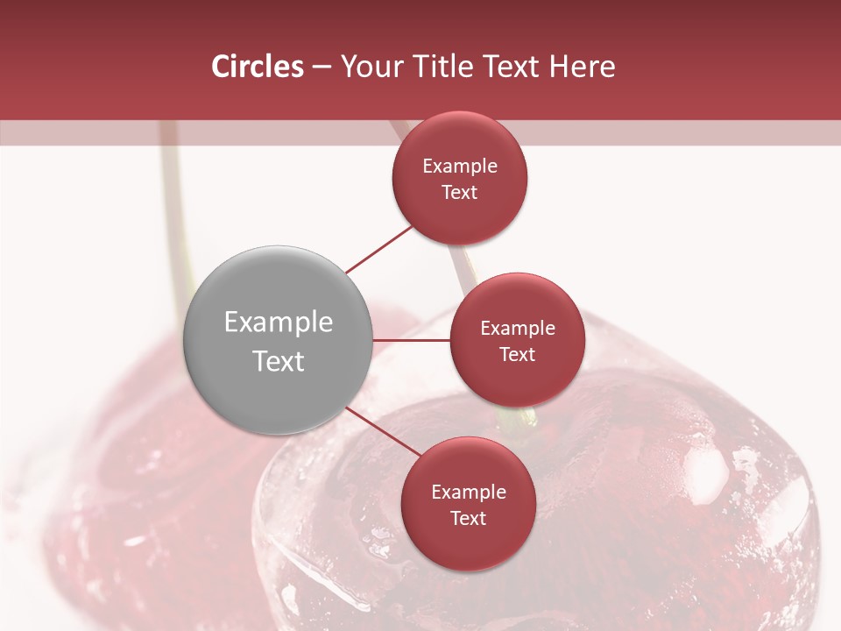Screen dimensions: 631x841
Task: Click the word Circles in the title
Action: (x=257, y=67)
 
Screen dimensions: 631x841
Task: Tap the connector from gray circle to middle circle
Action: (x=411, y=339)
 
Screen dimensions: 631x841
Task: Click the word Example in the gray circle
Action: (x=279, y=323)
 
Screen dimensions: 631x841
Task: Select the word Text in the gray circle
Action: (x=279, y=361)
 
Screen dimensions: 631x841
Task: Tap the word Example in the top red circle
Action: (x=460, y=167)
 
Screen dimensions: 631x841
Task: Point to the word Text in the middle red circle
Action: (x=518, y=354)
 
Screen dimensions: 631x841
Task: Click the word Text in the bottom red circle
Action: (x=469, y=518)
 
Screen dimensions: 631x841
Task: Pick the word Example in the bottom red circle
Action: (x=469, y=493)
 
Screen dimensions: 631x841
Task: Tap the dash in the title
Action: (x=322, y=67)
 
